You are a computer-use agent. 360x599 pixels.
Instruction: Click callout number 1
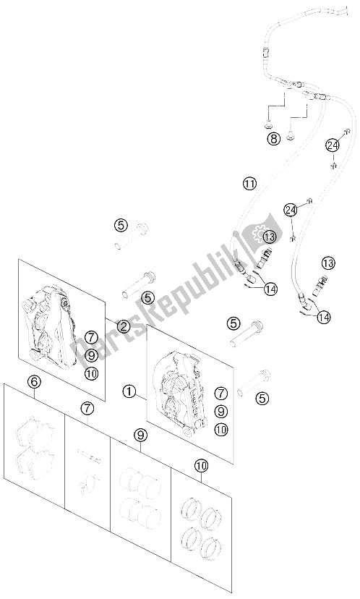click(x=129, y=391)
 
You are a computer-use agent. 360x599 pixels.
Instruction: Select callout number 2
click(x=124, y=326)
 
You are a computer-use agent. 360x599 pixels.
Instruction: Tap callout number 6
click(x=35, y=381)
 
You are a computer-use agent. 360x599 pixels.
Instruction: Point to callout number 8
click(x=273, y=138)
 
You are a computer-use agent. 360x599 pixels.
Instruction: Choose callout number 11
click(x=249, y=184)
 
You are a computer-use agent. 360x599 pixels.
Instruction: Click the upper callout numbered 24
click(x=333, y=145)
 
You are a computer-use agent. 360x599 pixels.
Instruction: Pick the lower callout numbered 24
click(x=291, y=209)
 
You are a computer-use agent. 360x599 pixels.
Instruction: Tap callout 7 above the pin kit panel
click(x=87, y=408)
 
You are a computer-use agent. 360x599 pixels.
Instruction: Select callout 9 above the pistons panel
click(x=140, y=434)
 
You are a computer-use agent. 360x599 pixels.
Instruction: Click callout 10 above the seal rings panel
click(x=201, y=465)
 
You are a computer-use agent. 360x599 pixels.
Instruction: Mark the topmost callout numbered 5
click(x=121, y=226)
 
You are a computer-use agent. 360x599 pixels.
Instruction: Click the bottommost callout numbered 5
click(x=262, y=399)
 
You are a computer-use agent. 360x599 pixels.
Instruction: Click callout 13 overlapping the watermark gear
click(x=270, y=237)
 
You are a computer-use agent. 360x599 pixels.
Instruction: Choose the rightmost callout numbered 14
click(x=325, y=317)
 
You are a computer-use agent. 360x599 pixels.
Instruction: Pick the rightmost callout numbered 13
click(x=328, y=263)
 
